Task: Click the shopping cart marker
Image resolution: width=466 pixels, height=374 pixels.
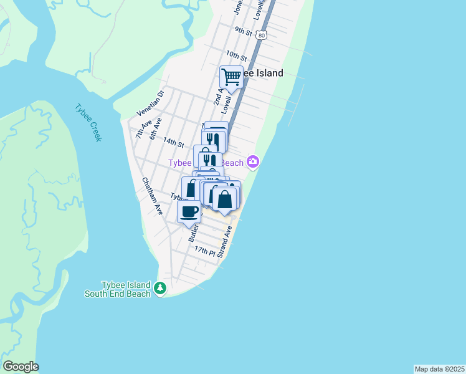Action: [x=231, y=77]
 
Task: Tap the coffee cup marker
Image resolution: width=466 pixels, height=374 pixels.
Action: [x=189, y=211]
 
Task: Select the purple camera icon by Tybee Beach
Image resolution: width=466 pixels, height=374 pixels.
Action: [x=252, y=162]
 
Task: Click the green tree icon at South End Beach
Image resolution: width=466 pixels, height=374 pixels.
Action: [x=161, y=288]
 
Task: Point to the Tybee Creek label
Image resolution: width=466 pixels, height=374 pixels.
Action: [x=88, y=122]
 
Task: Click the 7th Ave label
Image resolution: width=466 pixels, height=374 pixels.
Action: [x=143, y=129]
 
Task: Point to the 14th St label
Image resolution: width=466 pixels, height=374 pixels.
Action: [x=173, y=143]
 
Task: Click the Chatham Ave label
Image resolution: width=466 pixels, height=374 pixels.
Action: [x=152, y=197]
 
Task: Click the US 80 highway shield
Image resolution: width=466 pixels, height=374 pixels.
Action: [x=262, y=36]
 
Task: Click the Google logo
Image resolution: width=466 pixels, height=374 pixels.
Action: [x=21, y=367]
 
